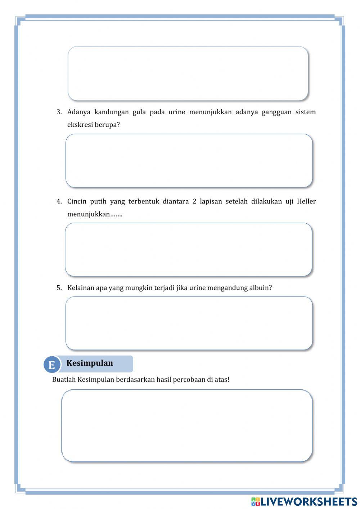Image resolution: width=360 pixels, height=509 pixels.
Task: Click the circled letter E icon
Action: coord(51,365)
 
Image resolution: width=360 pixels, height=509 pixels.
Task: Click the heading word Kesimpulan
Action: coord(90,363)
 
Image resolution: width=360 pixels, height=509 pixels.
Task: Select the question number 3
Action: coord(59,112)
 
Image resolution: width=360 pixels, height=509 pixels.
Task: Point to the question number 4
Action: coord(59,201)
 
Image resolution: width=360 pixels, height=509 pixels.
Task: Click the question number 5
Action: coord(59,288)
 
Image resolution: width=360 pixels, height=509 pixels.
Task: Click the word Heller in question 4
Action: coord(306,201)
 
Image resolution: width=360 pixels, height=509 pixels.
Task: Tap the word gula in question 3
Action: coord(139,112)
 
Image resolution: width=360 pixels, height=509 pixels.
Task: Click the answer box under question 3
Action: coord(189,161)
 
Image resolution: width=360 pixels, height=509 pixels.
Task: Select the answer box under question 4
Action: coord(188,249)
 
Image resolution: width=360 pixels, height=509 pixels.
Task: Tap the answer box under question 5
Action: coord(189,323)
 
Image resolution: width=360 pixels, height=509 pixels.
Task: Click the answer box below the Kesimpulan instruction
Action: coord(186,425)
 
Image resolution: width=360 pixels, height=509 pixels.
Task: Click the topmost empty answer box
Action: coord(188,73)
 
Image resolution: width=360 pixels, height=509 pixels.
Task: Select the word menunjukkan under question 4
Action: coord(88,214)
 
